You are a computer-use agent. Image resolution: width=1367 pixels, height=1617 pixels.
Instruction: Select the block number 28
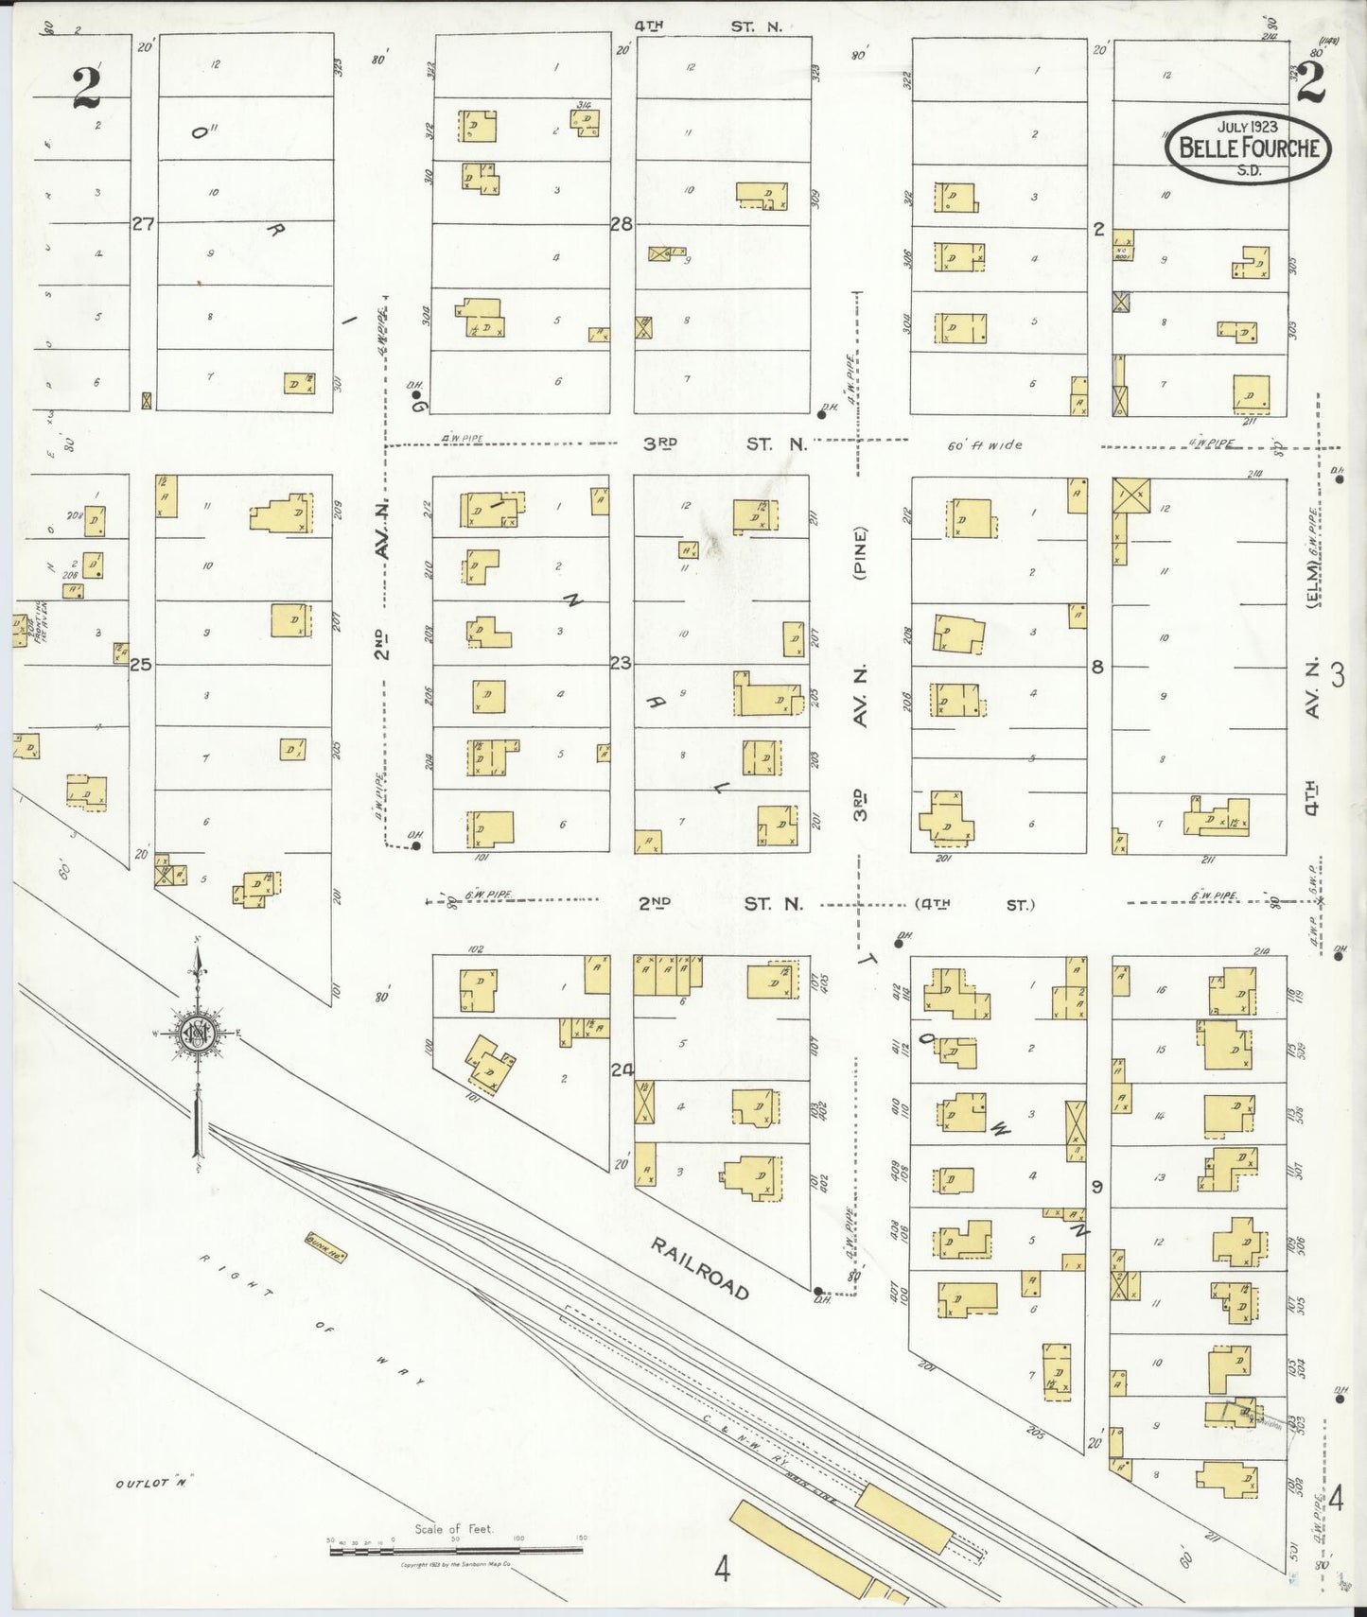click(x=621, y=224)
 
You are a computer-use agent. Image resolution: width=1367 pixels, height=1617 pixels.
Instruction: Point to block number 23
click(x=620, y=664)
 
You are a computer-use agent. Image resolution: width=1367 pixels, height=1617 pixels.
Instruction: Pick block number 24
click(x=621, y=1070)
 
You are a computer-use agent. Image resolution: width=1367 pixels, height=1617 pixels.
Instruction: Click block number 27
click(x=143, y=224)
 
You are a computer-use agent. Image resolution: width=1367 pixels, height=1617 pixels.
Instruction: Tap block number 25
click(x=141, y=665)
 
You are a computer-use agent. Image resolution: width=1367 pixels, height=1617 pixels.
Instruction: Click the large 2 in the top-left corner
click(x=86, y=89)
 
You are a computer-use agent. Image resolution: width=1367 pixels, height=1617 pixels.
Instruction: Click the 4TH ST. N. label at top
click(x=708, y=26)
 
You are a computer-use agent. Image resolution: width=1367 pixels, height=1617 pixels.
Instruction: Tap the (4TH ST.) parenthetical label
click(x=974, y=905)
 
